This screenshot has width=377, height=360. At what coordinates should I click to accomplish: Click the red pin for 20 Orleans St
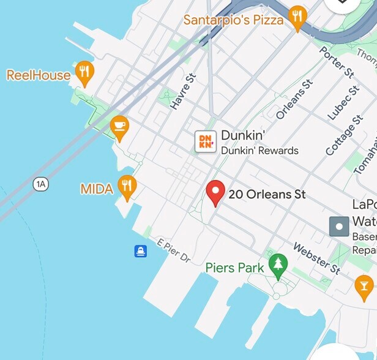[x=215, y=192]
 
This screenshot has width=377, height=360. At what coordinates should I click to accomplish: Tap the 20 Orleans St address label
[x=267, y=195]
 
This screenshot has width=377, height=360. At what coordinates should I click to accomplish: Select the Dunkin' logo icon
[x=205, y=141]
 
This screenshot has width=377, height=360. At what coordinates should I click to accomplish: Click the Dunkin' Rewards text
[x=259, y=151]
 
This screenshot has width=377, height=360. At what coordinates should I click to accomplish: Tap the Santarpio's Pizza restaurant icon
[x=297, y=18]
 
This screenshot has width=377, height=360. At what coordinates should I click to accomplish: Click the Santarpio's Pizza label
[x=233, y=20]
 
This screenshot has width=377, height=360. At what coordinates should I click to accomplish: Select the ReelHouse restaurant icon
[x=84, y=73]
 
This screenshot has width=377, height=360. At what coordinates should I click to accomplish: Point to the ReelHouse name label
[x=38, y=75]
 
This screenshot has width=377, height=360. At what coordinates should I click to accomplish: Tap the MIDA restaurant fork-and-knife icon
[x=127, y=186]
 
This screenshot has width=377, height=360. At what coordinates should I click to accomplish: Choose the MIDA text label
[x=97, y=189]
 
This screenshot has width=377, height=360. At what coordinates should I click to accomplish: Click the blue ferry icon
[x=141, y=251]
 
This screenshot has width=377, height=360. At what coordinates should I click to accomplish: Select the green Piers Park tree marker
[x=278, y=264]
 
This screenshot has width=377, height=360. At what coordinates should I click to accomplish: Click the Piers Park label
[x=234, y=268]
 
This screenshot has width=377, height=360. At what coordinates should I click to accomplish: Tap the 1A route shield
[x=41, y=184]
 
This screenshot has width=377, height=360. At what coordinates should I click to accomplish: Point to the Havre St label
[x=182, y=92]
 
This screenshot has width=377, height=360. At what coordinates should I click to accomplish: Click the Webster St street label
[x=316, y=258]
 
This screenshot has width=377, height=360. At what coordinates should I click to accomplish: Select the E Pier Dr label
[x=174, y=250]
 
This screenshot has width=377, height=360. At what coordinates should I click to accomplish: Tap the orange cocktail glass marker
[x=364, y=285]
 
